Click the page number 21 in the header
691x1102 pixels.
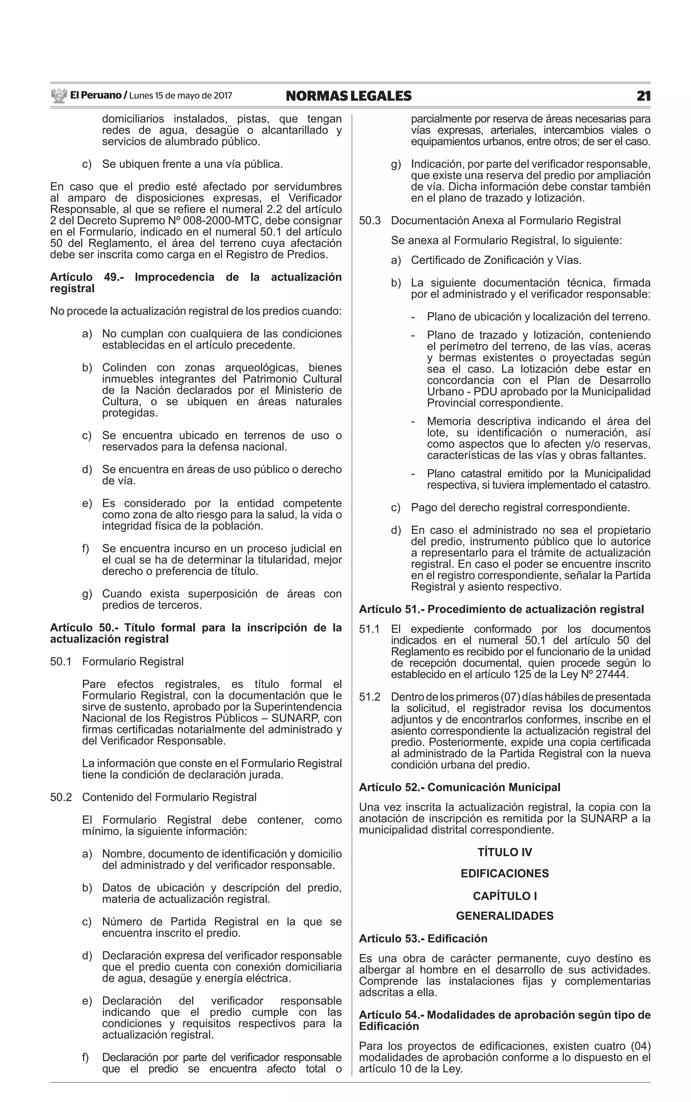point(643,96)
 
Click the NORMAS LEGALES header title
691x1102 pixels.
point(348,96)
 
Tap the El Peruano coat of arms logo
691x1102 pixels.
point(59,96)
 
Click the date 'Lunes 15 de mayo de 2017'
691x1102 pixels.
point(181,96)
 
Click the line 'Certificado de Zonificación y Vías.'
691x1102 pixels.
point(496,261)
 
